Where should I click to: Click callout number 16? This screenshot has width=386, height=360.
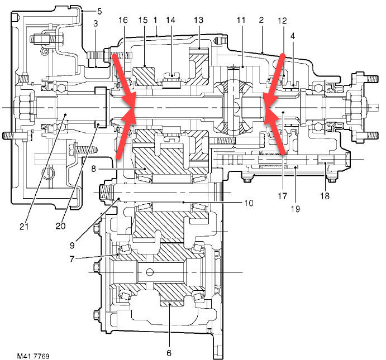click(x=123, y=20)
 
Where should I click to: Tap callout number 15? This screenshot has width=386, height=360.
click(x=142, y=20)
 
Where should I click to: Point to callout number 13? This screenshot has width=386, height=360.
click(x=199, y=20)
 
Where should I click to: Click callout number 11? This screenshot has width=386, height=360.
click(x=241, y=20)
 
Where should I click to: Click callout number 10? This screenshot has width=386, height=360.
click(x=249, y=203)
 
